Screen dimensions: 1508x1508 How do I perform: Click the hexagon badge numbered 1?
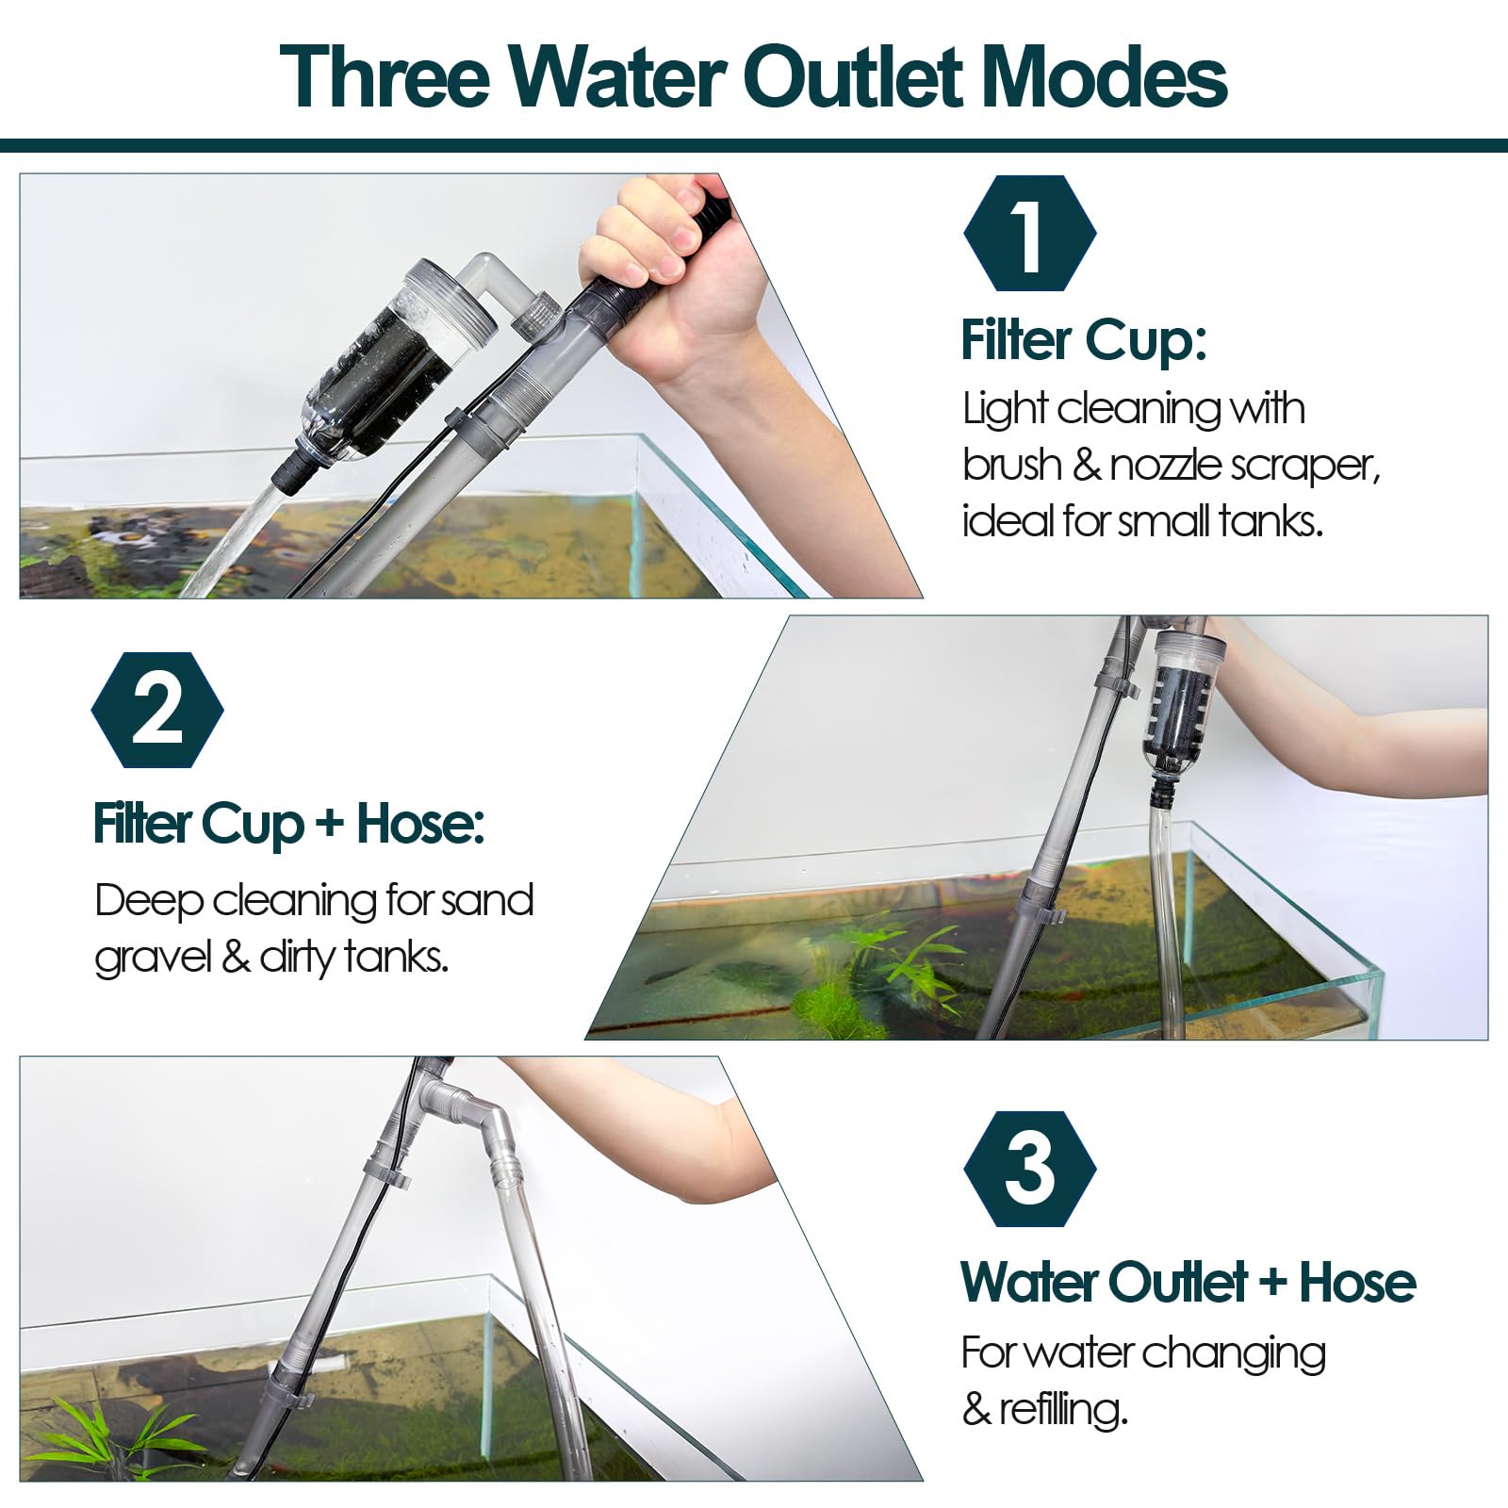(x=1029, y=233)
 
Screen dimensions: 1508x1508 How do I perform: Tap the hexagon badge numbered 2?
(x=157, y=710)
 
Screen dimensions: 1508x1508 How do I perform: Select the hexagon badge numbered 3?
(x=1029, y=1169)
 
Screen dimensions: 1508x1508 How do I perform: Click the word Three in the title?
(x=385, y=77)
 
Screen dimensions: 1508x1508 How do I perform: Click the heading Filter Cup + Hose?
(x=288, y=825)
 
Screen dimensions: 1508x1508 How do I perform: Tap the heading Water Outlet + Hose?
(x=1188, y=1282)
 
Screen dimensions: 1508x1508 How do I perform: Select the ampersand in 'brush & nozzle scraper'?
(x=1086, y=466)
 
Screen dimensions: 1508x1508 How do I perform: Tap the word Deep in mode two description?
(x=149, y=902)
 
